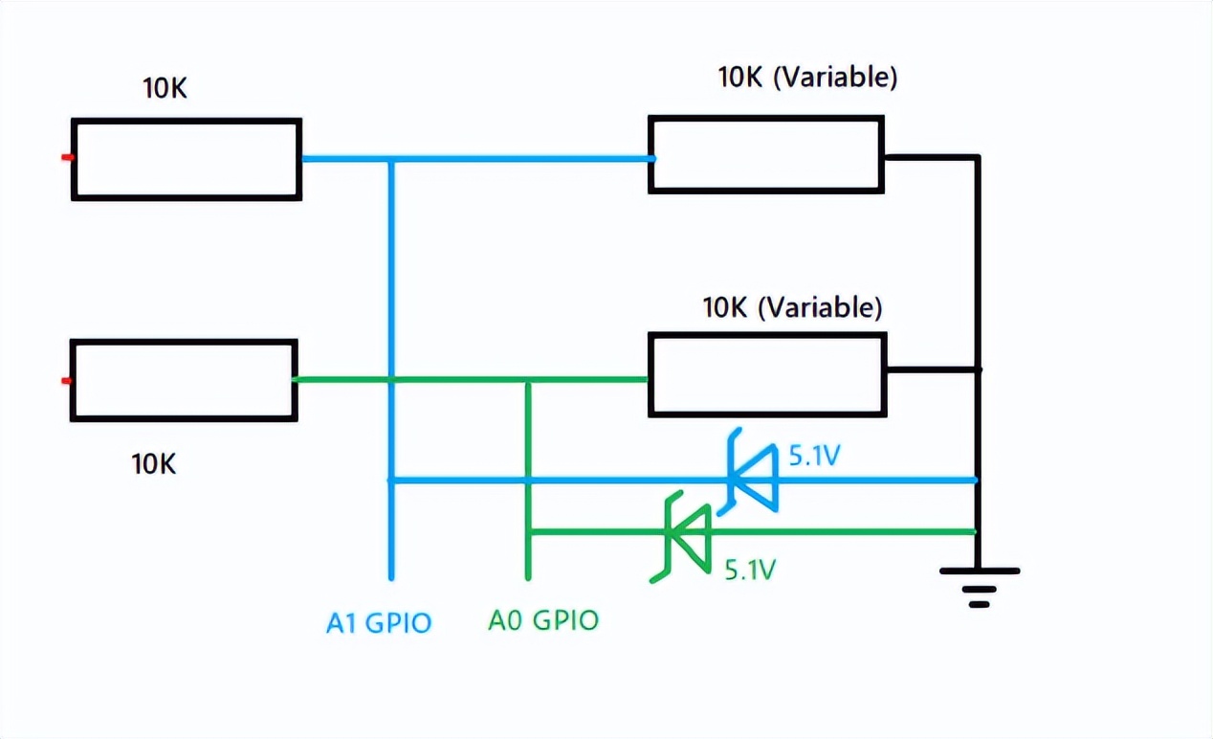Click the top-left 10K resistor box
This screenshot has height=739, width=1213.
pos(187,159)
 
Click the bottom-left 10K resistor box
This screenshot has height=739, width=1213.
pos(184,380)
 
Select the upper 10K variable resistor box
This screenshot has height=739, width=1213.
pos(765,155)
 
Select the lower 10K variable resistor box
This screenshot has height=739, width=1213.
pos(767,374)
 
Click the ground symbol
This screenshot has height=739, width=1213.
pos(979,585)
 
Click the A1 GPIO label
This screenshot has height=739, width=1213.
pos(379,623)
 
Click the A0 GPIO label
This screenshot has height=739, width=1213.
pos(543,620)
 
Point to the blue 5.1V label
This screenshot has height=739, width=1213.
pos(814,457)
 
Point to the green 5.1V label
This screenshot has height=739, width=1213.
pos(749,571)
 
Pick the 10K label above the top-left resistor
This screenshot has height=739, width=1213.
pos(165,88)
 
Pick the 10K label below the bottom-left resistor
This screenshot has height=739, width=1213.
pos(154,464)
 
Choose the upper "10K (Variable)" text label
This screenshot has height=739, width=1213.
pos(807,78)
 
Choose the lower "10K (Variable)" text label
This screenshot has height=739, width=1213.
pos(792,307)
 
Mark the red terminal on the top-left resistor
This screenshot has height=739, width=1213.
pos(67,157)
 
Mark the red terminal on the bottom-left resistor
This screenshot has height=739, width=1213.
pos(66,381)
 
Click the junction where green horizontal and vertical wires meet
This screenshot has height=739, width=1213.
pos(527,380)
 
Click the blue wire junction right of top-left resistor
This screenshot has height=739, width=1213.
pos(391,159)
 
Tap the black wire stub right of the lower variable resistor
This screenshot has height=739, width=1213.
pos(932,369)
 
